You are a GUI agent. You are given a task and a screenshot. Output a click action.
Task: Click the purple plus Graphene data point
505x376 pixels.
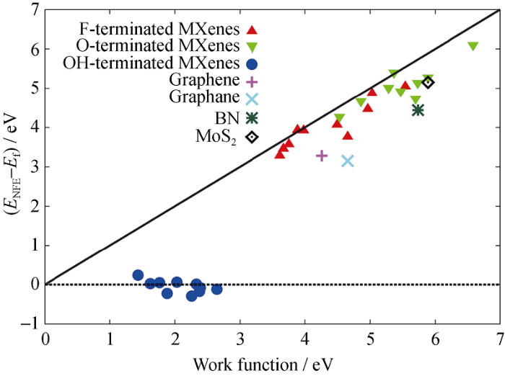tap(322, 156)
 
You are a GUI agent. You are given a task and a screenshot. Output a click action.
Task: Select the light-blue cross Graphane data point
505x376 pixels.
tap(348, 161)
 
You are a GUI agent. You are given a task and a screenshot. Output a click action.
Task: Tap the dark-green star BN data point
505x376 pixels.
tap(418, 110)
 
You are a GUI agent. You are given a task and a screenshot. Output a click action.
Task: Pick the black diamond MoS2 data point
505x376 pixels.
tap(428, 82)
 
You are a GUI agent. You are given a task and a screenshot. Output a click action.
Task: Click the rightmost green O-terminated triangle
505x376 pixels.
tap(473, 46)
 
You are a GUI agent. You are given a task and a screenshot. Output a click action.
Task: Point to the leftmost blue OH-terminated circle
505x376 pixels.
tap(138, 275)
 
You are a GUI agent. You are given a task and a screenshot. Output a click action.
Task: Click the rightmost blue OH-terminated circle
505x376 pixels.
tap(216, 289)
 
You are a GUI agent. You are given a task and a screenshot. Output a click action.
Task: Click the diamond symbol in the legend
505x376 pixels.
tap(252, 135)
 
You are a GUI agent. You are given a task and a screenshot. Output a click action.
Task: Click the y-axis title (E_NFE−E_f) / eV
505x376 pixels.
tap(12, 167)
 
